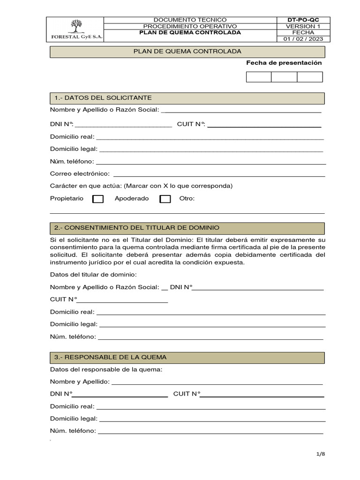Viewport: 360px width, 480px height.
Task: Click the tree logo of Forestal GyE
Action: point(75,26)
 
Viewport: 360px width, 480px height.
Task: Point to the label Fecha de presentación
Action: point(284,63)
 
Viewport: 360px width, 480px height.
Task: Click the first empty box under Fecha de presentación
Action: point(258,77)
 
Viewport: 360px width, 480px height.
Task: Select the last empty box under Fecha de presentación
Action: point(310,77)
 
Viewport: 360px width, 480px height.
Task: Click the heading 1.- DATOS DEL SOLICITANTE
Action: point(103,98)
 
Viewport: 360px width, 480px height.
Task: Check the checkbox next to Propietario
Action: point(98,199)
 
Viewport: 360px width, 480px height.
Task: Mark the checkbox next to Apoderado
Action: point(165,199)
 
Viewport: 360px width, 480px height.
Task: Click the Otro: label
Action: point(187,198)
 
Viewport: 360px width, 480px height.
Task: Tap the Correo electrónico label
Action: point(80,173)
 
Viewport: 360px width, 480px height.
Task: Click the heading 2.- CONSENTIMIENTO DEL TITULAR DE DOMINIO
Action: point(137,228)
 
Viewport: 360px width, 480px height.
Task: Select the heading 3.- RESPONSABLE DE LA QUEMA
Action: point(111,357)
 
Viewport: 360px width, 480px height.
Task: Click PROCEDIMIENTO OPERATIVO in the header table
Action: point(190,26)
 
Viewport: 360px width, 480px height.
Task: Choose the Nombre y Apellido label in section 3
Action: point(80,382)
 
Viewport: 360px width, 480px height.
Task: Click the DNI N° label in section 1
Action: point(62,124)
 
